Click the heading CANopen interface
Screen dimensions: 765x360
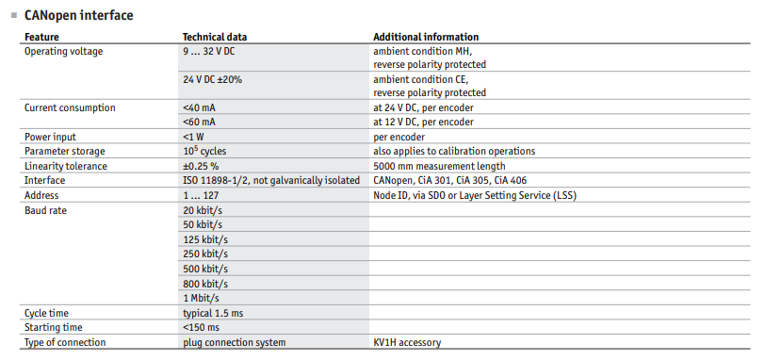(78, 16)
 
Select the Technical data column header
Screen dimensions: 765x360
(215, 37)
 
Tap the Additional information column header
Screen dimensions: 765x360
(426, 37)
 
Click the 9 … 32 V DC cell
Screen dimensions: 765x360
(209, 51)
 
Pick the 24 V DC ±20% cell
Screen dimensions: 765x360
(212, 79)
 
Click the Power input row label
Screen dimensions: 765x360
(50, 137)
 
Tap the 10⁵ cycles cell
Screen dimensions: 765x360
(204, 151)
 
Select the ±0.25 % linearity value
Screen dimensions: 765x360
(201, 166)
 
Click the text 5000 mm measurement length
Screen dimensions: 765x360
(439, 166)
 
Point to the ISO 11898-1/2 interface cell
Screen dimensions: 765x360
(271, 181)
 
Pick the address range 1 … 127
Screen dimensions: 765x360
(201, 196)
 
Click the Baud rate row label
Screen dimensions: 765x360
(45, 211)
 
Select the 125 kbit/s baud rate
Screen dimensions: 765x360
(205, 239)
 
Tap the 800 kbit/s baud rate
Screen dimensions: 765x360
(205, 284)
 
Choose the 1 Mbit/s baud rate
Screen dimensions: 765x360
(201, 298)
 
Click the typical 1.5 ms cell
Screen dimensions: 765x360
(213, 313)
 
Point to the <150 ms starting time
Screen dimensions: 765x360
(201, 327)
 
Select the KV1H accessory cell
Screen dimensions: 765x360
(407, 342)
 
